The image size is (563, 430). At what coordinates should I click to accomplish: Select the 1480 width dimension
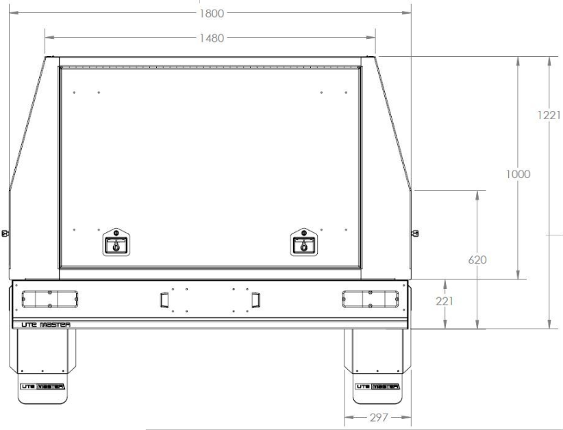[x=211, y=38]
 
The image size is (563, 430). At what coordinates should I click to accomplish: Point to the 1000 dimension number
[x=518, y=174]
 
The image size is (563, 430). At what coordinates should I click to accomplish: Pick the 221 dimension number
[x=446, y=300]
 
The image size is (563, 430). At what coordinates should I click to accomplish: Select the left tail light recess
[x=50, y=299]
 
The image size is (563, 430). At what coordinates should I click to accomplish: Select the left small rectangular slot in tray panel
[x=164, y=300]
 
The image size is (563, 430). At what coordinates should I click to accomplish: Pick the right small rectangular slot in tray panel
[x=255, y=300]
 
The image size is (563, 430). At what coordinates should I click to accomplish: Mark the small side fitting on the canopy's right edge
[x=414, y=233]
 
